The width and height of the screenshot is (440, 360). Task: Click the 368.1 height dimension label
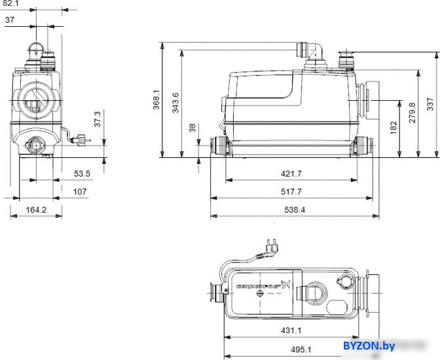pyautogui.click(x=156, y=99)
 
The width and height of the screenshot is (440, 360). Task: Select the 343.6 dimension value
pyautogui.click(x=175, y=103)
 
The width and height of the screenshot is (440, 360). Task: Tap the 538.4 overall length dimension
pyautogui.click(x=295, y=209)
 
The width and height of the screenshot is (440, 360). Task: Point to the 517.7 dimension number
pyautogui.click(x=291, y=192)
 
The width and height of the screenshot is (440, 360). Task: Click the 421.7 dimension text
pyautogui.click(x=291, y=173)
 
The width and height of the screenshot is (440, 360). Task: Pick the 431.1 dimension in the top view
pyautogui.click(x=291, y=331)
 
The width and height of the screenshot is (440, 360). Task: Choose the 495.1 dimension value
pyautogui.click(x=301, y=350)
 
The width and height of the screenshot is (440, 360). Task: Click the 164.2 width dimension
pyautogui.click(x=36, y=209)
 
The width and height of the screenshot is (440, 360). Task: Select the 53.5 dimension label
pyautogui.click(x=82, y=173)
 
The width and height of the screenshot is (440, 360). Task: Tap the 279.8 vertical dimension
pyautogui.click(x=412, y=113)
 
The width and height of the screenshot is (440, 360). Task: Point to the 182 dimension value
pyautogui.click(x=394, y=128)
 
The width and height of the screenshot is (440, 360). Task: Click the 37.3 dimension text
pyautogui.click(x=98, y=119)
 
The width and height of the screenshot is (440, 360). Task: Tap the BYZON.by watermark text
pyautogui.click(x=369, y=346)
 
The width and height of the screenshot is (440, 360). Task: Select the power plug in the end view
pyautogui.click(x=81, y=139)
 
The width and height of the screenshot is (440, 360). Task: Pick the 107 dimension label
pyautogui.click(x=80, y=192)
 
